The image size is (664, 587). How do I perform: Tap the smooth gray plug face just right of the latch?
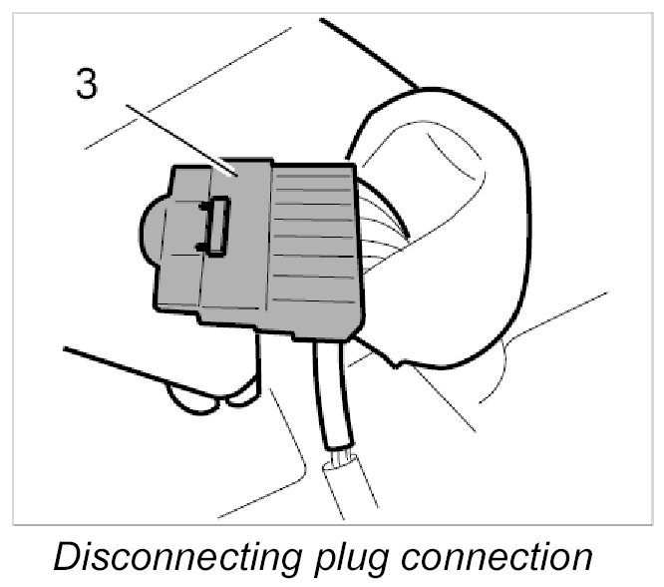point(249,240)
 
